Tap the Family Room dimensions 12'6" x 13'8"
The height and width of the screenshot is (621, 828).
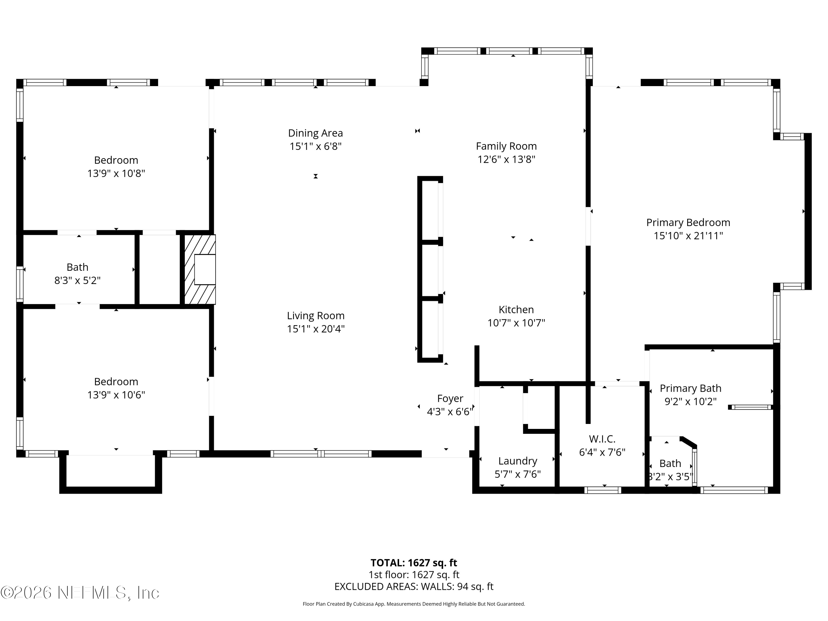click(x=506, y=160)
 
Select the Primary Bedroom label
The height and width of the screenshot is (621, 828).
click(x=688, y=223)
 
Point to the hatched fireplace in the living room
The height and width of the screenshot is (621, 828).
click(x=200, y=269)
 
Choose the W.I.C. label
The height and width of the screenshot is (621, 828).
click(x=602, y=439)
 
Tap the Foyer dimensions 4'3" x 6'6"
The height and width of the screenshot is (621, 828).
click(x=450, y=412)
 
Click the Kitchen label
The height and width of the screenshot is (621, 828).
click(x=516, y=310)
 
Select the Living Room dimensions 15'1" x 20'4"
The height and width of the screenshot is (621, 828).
click(x=315, y=329)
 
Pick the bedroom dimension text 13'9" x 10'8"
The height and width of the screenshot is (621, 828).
click(x=116, y=174)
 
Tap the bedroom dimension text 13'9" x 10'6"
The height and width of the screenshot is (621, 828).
click(x=116, y=395)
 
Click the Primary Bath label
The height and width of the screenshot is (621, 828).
click(x=690, y=388)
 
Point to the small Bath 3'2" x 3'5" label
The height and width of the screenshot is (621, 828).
click(x=670, y=464)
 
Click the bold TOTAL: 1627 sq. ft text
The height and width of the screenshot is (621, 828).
click(x=414, y=563)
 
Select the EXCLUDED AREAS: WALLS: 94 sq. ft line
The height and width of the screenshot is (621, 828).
click(x=414, y=586)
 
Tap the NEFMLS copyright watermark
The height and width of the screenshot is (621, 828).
click(x=80, y=593)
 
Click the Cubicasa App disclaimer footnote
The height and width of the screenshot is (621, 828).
click(x=414, y=604)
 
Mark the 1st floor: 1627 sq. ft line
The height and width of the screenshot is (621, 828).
click(x=414, y=575)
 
